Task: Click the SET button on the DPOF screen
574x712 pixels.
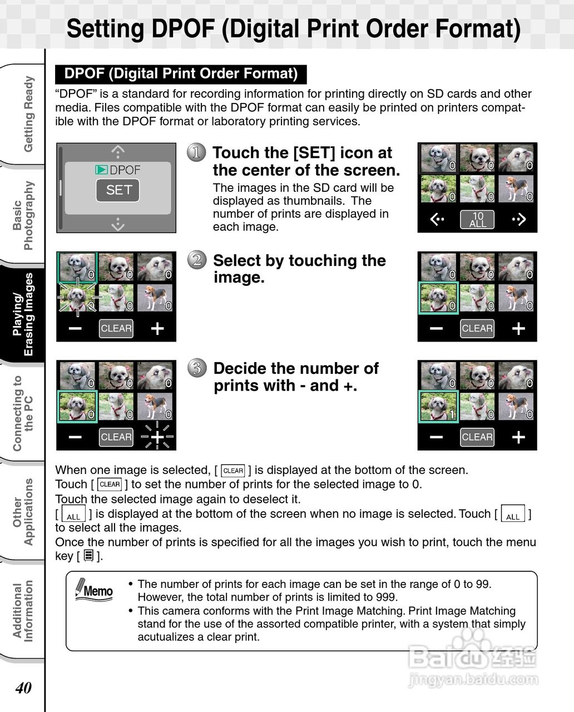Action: click(118, 190)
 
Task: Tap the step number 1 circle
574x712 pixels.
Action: click(196, 152)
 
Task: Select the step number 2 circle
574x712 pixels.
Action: click(196, 260)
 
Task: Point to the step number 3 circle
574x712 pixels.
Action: click(196, 368)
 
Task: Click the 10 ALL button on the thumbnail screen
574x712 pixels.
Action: click(477, 220)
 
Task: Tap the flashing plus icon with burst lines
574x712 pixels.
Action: click(157, 437)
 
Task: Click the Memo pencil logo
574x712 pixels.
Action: click(94, 590)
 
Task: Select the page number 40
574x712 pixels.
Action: click(23, 688)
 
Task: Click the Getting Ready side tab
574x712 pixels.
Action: click(28, 114)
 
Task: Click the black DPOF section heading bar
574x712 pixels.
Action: click(181, 74)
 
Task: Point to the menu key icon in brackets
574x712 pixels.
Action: click(88, 556)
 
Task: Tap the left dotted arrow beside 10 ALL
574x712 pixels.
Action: click(437, 220)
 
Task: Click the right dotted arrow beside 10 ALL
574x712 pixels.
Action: click(518, 220)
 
